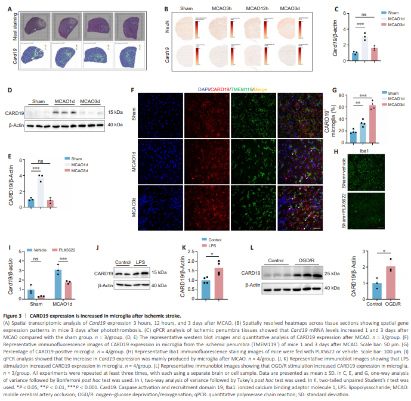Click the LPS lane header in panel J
[141, 262]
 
